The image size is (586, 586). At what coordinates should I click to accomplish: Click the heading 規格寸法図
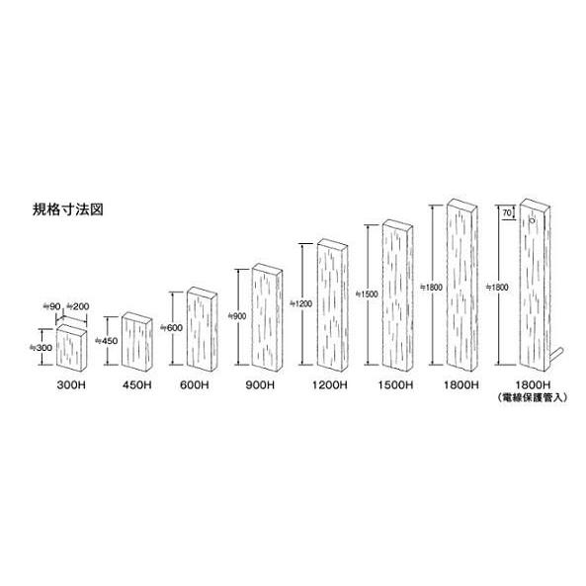(x=67, y=209)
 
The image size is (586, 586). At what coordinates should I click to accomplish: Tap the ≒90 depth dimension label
(x=52, y=306)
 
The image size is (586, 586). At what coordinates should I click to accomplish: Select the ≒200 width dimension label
(x=78, y=306)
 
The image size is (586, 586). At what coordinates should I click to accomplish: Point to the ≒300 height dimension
(x=42, y=348)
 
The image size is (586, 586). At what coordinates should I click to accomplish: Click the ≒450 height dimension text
(x=107, y=341)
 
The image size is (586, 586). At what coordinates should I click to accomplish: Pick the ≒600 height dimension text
(x=172, y=328)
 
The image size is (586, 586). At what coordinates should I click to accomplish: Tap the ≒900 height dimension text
(x=237, y=316)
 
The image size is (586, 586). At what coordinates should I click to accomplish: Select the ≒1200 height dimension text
(x=300, y=303)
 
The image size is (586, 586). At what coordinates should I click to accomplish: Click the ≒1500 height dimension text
(x=367, y=294)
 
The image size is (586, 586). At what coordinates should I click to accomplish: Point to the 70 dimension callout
(x=507, y=213)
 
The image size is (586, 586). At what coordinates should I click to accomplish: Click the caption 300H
(x=71, y=384)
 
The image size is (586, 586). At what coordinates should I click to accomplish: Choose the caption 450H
(x=136, y=384)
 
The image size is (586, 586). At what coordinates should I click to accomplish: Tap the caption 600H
(x=195, y=384)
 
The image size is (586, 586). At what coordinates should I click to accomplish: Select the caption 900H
(x=260, y=384)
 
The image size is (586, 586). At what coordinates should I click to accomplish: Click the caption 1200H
(x=330, y=384)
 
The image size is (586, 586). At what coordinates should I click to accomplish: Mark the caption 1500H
(x=395, y=384)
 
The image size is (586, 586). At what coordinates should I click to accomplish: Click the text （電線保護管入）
(x=533, y=397)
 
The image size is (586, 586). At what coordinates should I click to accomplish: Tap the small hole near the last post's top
(x=533, y=220)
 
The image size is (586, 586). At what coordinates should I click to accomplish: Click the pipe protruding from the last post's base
(x=556, y=354)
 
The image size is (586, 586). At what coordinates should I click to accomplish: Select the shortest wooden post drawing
(x=72, y=348)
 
